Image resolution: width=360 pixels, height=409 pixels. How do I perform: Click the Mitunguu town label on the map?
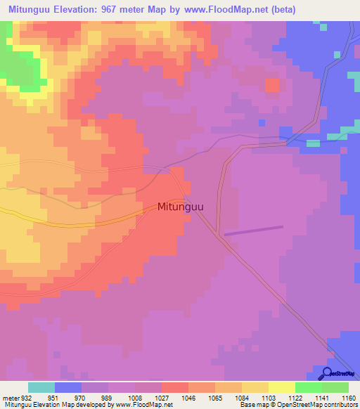(181, 207)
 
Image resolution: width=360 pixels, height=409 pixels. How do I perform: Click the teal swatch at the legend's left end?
(41, 387)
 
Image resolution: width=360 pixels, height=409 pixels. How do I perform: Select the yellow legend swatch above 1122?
(281, 387)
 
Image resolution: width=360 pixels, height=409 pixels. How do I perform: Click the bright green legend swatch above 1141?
(308, 387)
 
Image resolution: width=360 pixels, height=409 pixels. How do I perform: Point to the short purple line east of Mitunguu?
(253, 230)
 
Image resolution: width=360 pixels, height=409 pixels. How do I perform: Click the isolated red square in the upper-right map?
(271, 85)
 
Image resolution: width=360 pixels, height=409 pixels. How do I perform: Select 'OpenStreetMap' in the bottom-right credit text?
(290, 405)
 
